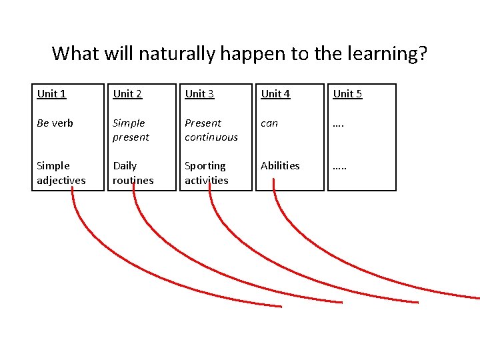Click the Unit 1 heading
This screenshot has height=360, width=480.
click(x=51, y=94)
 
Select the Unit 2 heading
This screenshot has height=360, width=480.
click(x=127, y=94)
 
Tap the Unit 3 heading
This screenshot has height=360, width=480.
click(x=199, y=94)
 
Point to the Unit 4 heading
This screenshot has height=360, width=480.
click(x=275, y=94)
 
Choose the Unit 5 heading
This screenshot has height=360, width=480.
click(x=347, y=94)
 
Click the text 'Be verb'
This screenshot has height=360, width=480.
click(x=55, y=123)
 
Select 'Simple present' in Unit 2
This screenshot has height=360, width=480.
click(x=131, y=130)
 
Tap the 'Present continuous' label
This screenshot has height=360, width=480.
click(x=211, y=130)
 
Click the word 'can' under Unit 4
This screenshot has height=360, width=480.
click(x=269, y=123)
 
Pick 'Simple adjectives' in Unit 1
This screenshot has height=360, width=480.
click(x=61, y=173)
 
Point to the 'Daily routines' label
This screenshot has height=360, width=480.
click(x=133, y=173)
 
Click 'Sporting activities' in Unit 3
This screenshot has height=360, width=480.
click(x=206, y=173)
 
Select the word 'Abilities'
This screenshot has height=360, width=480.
click(x=280, y=166)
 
